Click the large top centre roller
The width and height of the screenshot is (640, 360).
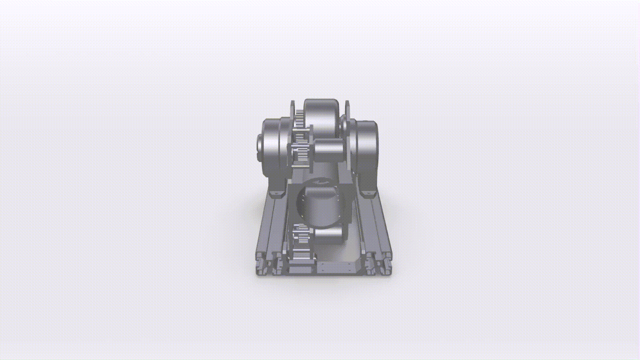(320, 119)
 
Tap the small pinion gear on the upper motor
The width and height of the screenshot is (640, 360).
(298, 154)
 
